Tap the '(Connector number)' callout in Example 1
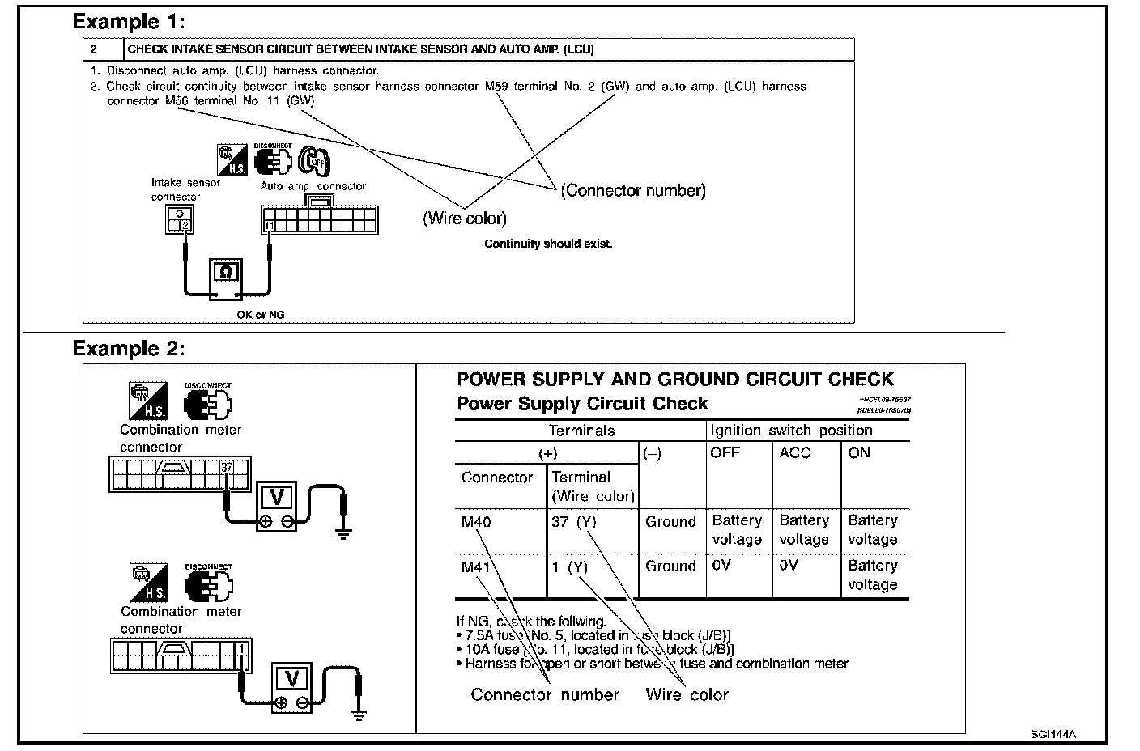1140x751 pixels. click(x=633, y=191)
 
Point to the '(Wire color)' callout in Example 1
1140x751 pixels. click(x=465, y=219)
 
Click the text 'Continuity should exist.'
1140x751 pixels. click(x=548, y=244)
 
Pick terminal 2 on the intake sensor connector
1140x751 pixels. click(x=185, y=226)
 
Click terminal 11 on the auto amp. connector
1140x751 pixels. click(x=269, y=225)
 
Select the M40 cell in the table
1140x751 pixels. click(x=476, y=522)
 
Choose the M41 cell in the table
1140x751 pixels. click(x=476, y=566)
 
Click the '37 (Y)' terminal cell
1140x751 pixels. click(x=573, y=522)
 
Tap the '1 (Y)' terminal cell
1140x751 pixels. click(x=569, y=567)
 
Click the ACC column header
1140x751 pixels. click(x=794, y=453)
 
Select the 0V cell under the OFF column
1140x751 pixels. click(x=721, y=566)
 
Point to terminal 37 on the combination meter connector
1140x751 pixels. click(x=227, y=467)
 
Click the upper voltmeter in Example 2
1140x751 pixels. click(x=277, y=506)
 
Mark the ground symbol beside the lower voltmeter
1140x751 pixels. click(x=358, y=713)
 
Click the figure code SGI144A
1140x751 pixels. click(x=1053, y=735)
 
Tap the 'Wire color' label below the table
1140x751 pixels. click(x=687, y=694)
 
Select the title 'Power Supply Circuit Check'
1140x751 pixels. click(x=582, y=404)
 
